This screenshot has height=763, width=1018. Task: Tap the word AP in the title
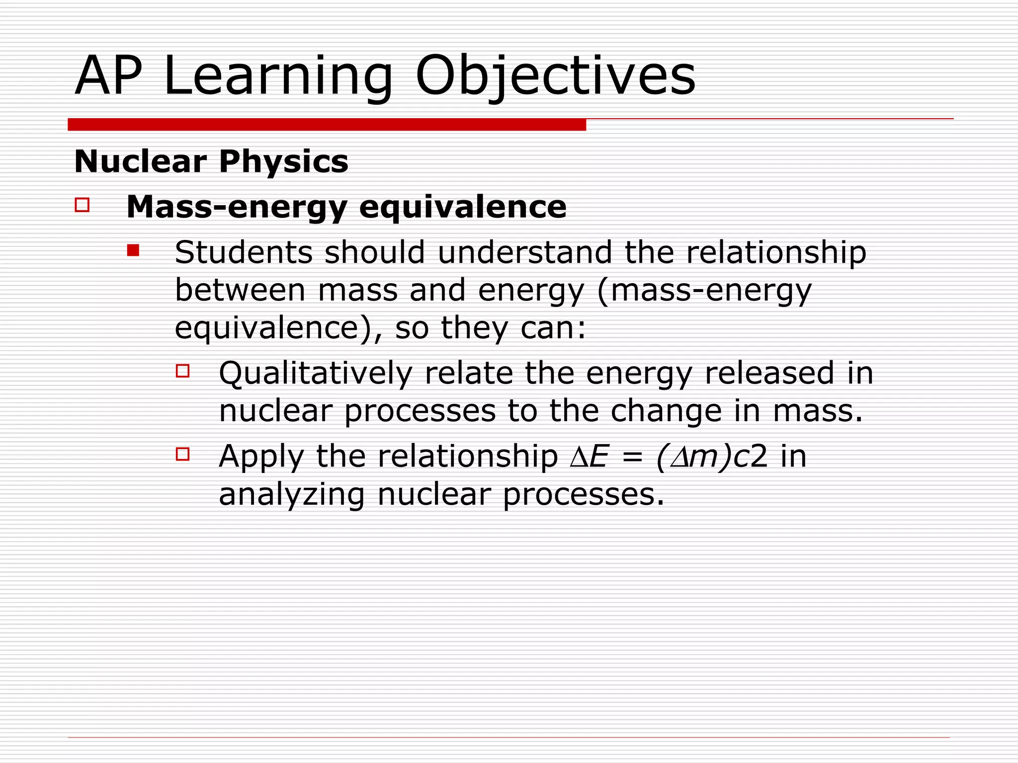click(x=108, y=77)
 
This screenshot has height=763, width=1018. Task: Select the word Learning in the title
click(x=278, y=77)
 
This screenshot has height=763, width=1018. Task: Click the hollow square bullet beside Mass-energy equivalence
click(x=82, y=205)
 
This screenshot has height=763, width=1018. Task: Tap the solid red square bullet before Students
click(x=133, y=250)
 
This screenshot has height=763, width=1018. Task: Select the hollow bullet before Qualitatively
click(x=182, y=371)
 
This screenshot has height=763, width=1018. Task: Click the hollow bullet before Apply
click(x=182, y=454)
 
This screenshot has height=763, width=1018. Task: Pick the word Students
click(x=244, y=252)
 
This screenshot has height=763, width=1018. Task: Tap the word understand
click(x=524, y=252)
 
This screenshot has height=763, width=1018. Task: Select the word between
click(x=240, y=290)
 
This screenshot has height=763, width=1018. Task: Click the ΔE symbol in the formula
click(x=589, y=457)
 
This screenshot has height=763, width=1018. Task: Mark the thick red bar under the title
click(x=327, y=125)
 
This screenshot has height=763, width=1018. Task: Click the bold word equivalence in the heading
click(x=462, y=207)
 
